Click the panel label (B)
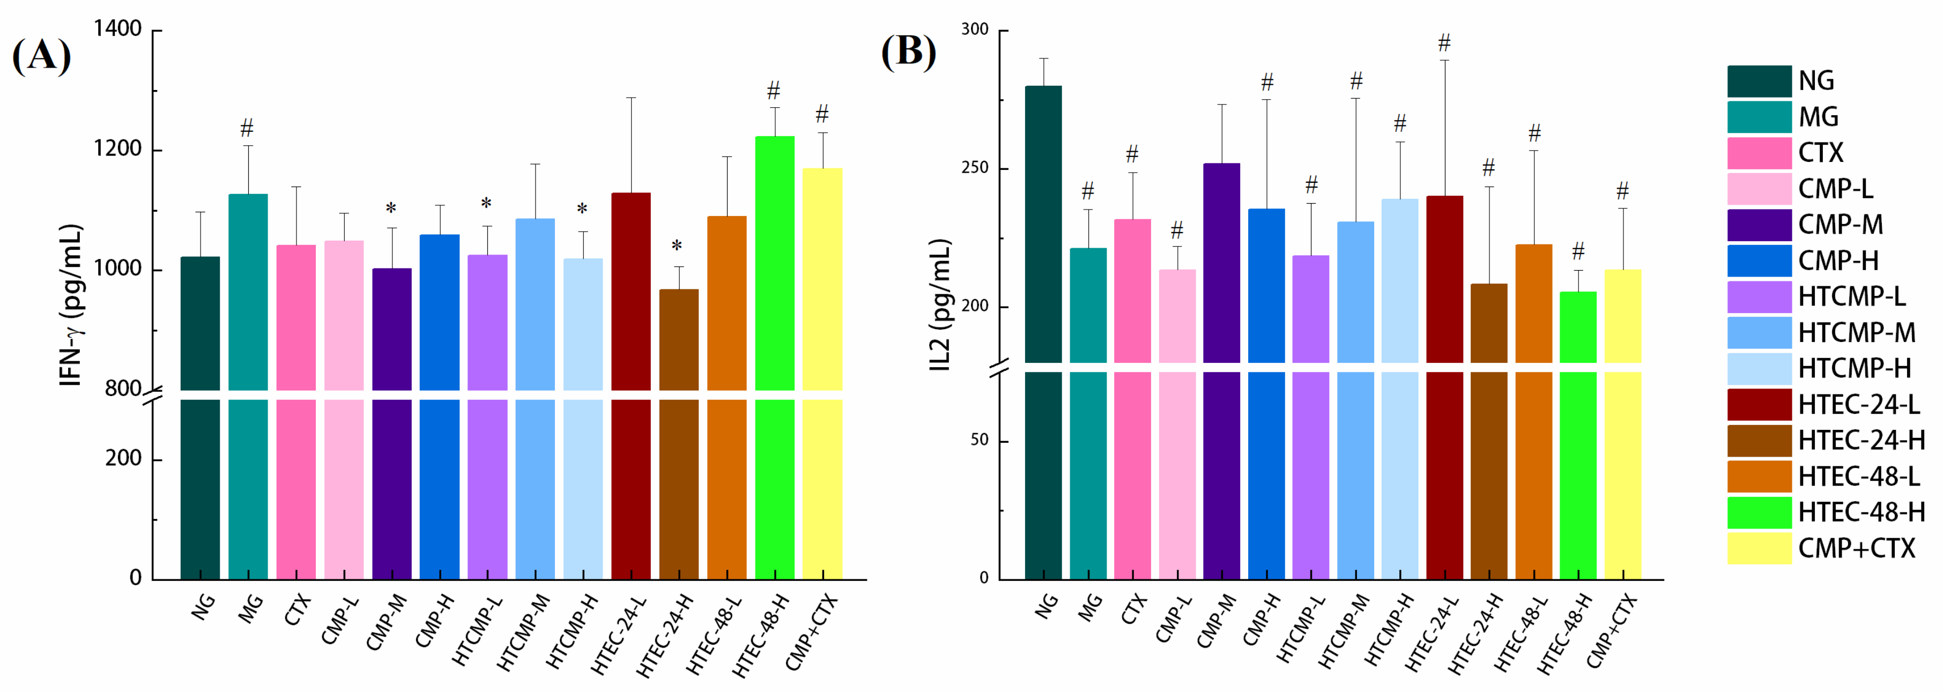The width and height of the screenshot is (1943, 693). pos(908,51)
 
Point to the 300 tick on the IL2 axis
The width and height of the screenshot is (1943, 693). pos(975,29)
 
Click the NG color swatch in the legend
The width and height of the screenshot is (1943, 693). pos(1759,81)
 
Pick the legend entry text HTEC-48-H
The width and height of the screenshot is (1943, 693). pos(1861,512)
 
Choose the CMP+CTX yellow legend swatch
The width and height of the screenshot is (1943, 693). pos(1759,548)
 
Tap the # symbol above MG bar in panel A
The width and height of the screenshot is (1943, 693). pos(247,128)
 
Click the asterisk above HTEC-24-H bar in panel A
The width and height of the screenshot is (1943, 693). pos(677,246)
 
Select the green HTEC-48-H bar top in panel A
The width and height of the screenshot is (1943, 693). pos(775,138)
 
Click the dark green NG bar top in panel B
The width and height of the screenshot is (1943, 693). pos(1043,87)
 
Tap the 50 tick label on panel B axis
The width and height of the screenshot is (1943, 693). pos(979,441)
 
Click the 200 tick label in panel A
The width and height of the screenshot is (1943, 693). pos(124,458)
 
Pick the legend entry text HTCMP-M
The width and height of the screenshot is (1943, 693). pos(1856,332)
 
